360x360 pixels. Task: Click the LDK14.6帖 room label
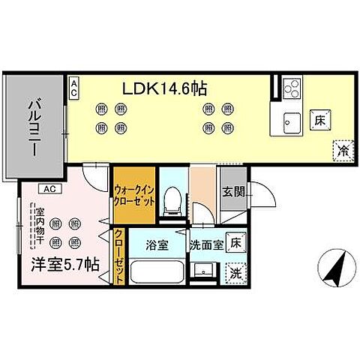tap(165, 88)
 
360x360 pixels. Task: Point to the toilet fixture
tap(172, 199)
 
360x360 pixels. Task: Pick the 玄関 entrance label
tap(234, 192)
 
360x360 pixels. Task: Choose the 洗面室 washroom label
tap(205, 244)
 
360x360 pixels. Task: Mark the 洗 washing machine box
tap(236, 271)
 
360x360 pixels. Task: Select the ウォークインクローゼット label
tap(135, 196)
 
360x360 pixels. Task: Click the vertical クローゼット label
tap(119, 255)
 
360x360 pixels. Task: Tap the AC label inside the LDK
tap(75, 88)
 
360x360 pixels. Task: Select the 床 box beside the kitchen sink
tap(318, 118)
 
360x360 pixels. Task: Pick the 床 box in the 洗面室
tap(235, 243)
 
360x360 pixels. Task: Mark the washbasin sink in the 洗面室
tap(205, 269)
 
